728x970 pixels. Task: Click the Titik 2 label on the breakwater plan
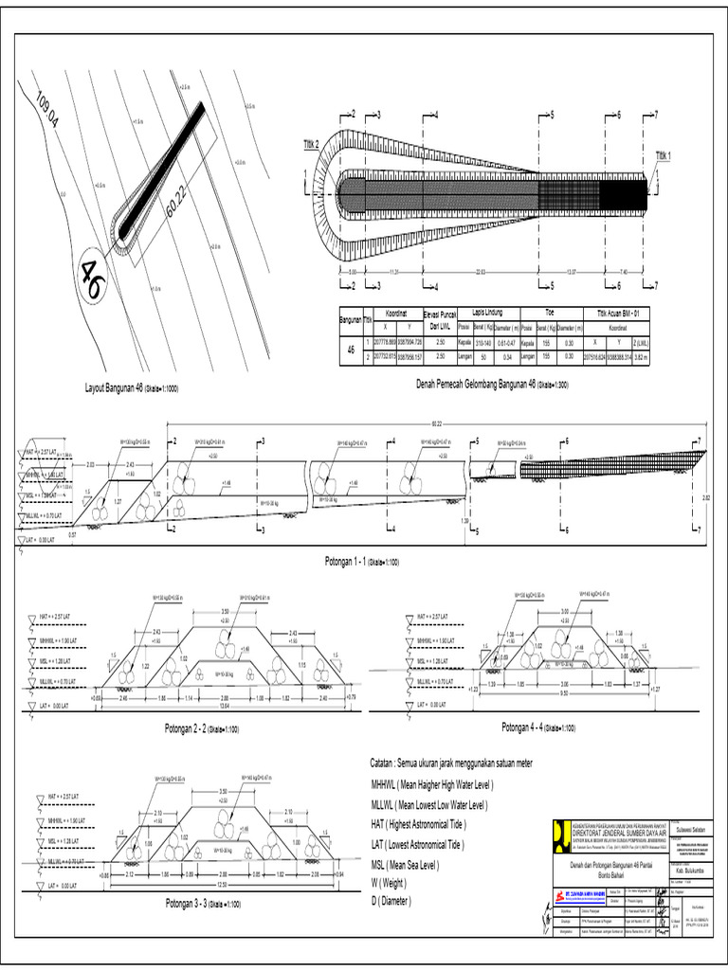coord(311,143)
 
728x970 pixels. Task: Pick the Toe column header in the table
coord(548,310)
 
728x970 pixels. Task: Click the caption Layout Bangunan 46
coord(132,388)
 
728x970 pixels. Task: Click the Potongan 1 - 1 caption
coord(353,561)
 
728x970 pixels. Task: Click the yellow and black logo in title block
coord(561,834)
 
